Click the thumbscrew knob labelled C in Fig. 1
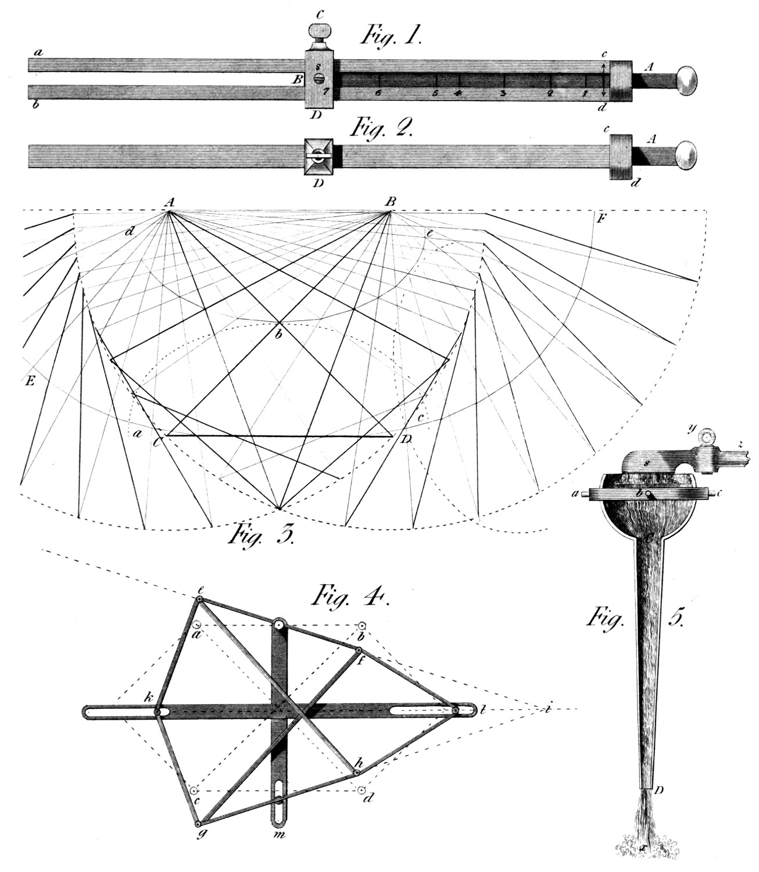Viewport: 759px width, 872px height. point(320,30)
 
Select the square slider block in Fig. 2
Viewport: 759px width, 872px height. point(320,157)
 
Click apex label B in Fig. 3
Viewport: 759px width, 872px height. point(390,202)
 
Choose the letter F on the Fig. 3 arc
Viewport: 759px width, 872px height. point(602,219)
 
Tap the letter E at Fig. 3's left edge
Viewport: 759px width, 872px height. point(28,381)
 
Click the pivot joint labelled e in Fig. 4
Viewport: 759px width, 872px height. point(199,599)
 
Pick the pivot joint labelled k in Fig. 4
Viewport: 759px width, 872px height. point(157,711)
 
